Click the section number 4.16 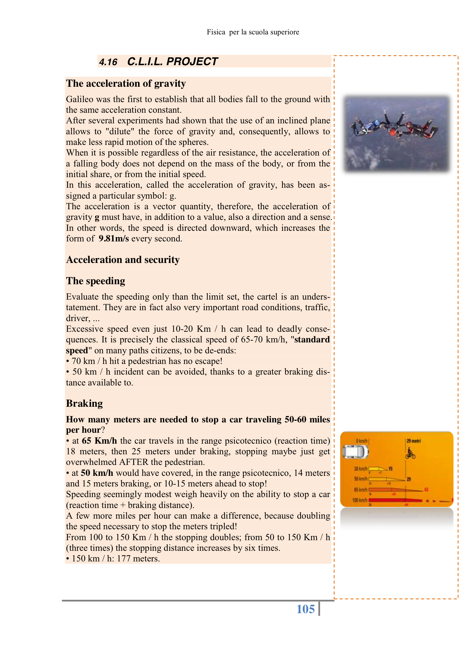click(108, 62)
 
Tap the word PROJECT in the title click(192, 62)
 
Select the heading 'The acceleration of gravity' click(126, 83)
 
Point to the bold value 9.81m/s click(113, 238)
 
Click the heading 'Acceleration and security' click(123, 260)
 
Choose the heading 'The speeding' click(95, 281)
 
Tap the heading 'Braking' click(84, 403)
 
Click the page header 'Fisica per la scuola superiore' click(253, 32)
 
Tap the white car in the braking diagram click(355, 452)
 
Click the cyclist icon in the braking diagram click(410, 453)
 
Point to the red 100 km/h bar click(396, 500)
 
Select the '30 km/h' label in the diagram click(360, 469)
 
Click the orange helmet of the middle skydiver click(393, 132)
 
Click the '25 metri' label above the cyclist click(413, 441)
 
